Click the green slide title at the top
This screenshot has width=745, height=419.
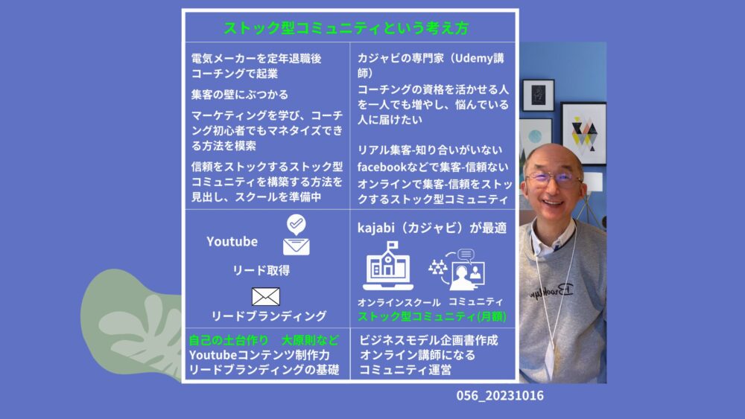click(x=346, y=28)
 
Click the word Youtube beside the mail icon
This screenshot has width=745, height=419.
click(x=232, y=242)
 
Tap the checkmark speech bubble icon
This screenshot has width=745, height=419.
click(x=296, y=225)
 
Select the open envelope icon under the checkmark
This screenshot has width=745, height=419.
click(x=297, y=246)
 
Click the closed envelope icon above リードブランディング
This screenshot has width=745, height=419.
click(x=266, y=296)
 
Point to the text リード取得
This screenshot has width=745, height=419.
click(x=261, y=270)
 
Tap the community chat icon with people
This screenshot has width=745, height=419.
click(x=457, y=269)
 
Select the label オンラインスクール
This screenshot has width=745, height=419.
click(x=399, y=302)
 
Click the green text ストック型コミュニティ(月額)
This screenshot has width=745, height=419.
click(x=432, y=316)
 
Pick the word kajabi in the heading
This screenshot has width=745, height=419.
click(x=375, y=228)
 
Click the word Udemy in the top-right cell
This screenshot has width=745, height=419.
click(x=474, y=58)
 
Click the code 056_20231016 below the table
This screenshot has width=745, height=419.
click(x=500, y=396)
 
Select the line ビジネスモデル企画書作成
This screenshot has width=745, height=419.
click(x=428, y=340)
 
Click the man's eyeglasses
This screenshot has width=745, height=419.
click(x=554, y=178)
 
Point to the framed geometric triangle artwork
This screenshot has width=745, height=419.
click(x=584, y=133)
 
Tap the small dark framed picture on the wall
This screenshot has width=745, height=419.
click(x=539, y=95)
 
